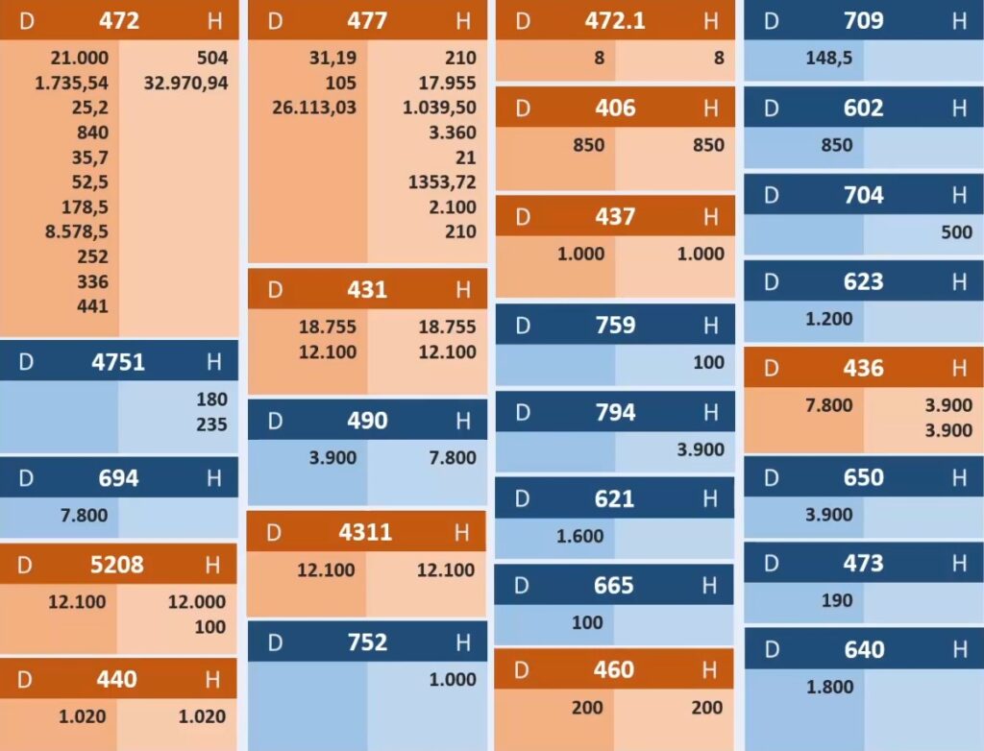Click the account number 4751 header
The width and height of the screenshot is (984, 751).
(118, 362)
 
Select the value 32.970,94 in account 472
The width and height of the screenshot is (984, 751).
(186, 83)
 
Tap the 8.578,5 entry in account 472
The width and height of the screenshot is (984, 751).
(71, 231)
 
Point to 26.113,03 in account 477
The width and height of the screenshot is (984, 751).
(314, 108)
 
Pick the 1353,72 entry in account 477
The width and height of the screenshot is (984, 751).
(442, 182)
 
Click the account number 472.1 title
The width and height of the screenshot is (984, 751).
(615, 20)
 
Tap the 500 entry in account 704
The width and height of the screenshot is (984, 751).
(956, 232)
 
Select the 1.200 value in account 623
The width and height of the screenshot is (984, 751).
(829, 319)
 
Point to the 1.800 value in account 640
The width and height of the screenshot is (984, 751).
(829, 687)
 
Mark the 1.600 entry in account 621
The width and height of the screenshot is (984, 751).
(580, 536)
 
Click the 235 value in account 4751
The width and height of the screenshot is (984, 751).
(211, 424)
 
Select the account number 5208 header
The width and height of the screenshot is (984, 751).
(117, 565)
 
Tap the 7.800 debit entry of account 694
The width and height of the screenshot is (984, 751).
(85, 516)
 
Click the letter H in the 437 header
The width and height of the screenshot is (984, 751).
(710, 217)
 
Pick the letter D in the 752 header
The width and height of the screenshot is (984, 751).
(275, 642)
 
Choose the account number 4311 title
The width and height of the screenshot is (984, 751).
(365, 532)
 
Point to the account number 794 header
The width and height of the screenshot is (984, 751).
(615, 412)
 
